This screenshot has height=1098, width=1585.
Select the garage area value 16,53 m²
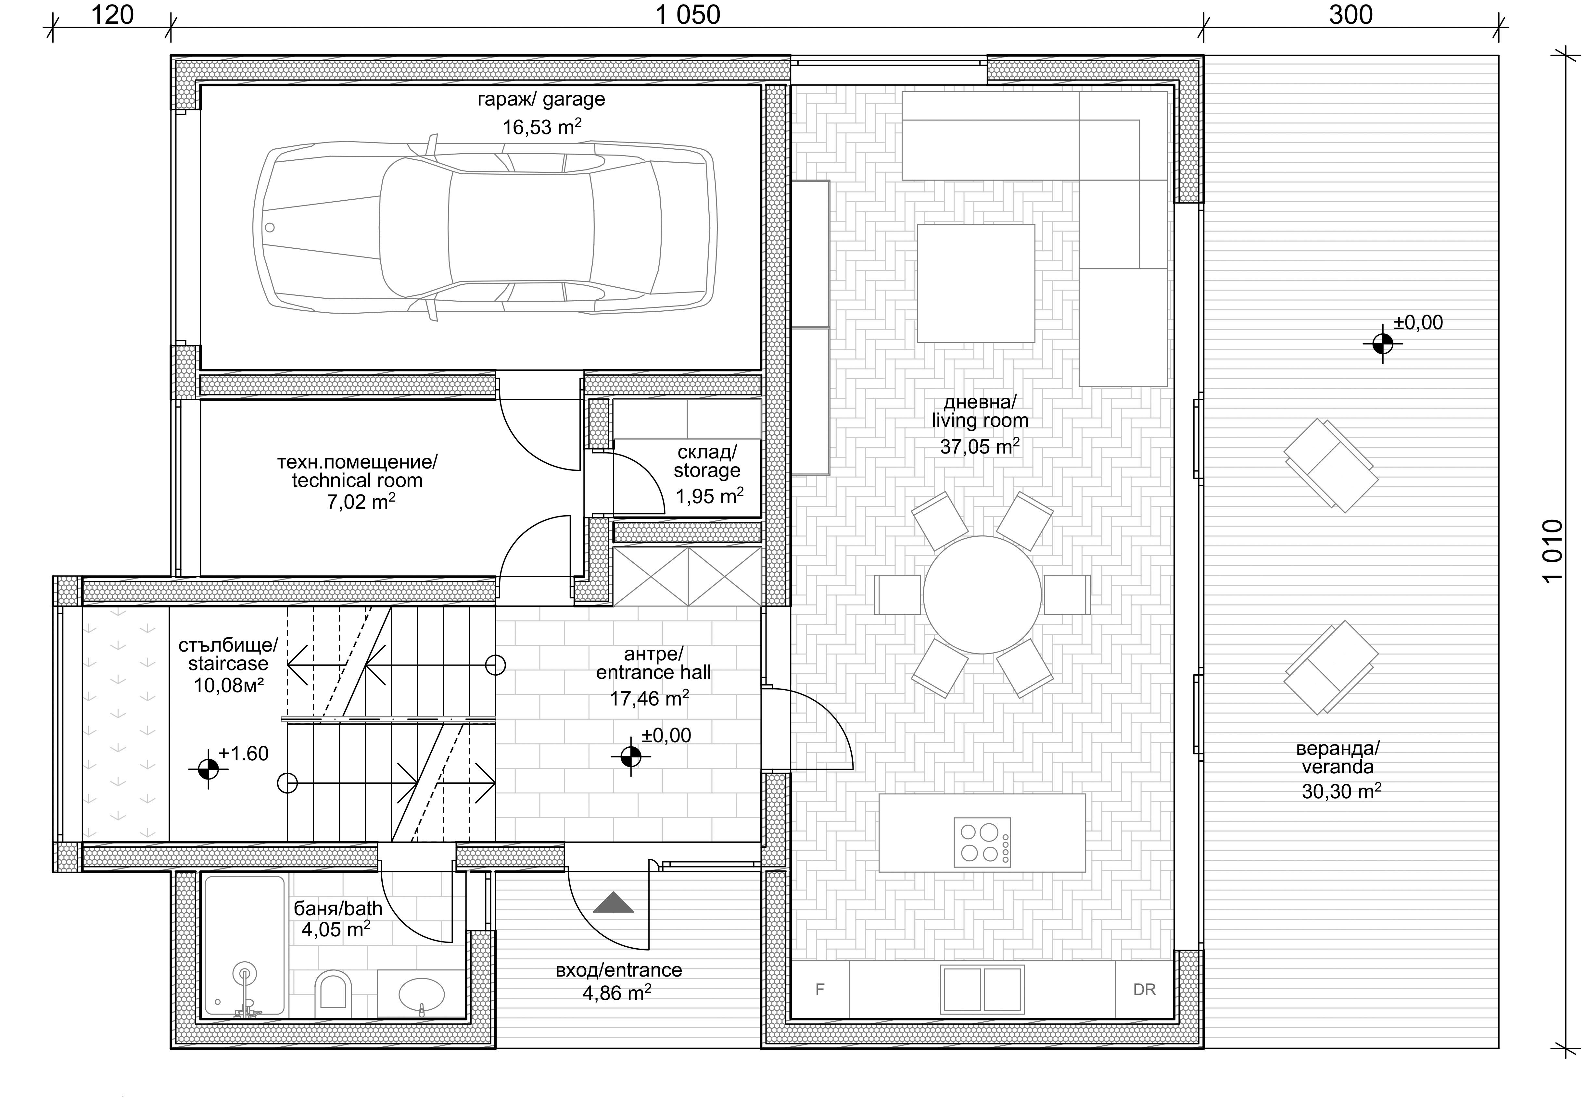click(x=542, y=127)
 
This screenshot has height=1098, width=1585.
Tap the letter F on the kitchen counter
click(x=820, y=989)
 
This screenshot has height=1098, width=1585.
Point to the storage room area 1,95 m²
click(x=709, y=495)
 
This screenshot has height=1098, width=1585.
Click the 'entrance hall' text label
click(x=653, y=672)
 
